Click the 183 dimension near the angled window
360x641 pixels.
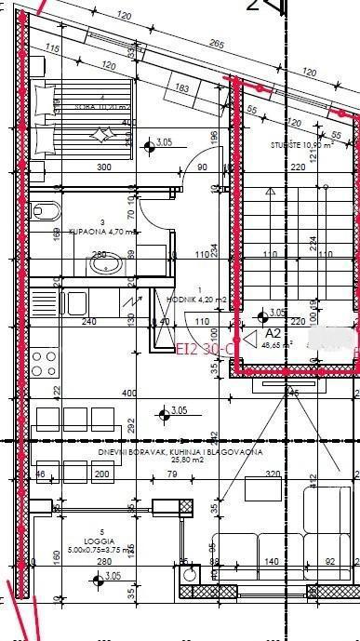(x=181, y=88)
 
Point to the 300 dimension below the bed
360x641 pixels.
(x=78, y=167)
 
